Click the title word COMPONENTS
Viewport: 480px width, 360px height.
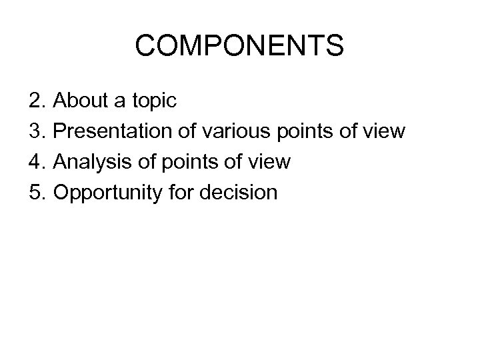pyautogui.click(x=239, y=47)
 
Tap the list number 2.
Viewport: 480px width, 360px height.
pyautogui.click(x=36, y=101)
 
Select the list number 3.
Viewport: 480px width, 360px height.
pyautogui.click(x=36, y=132)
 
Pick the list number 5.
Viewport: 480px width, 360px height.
pyautogui.click(x=36, y=193)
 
